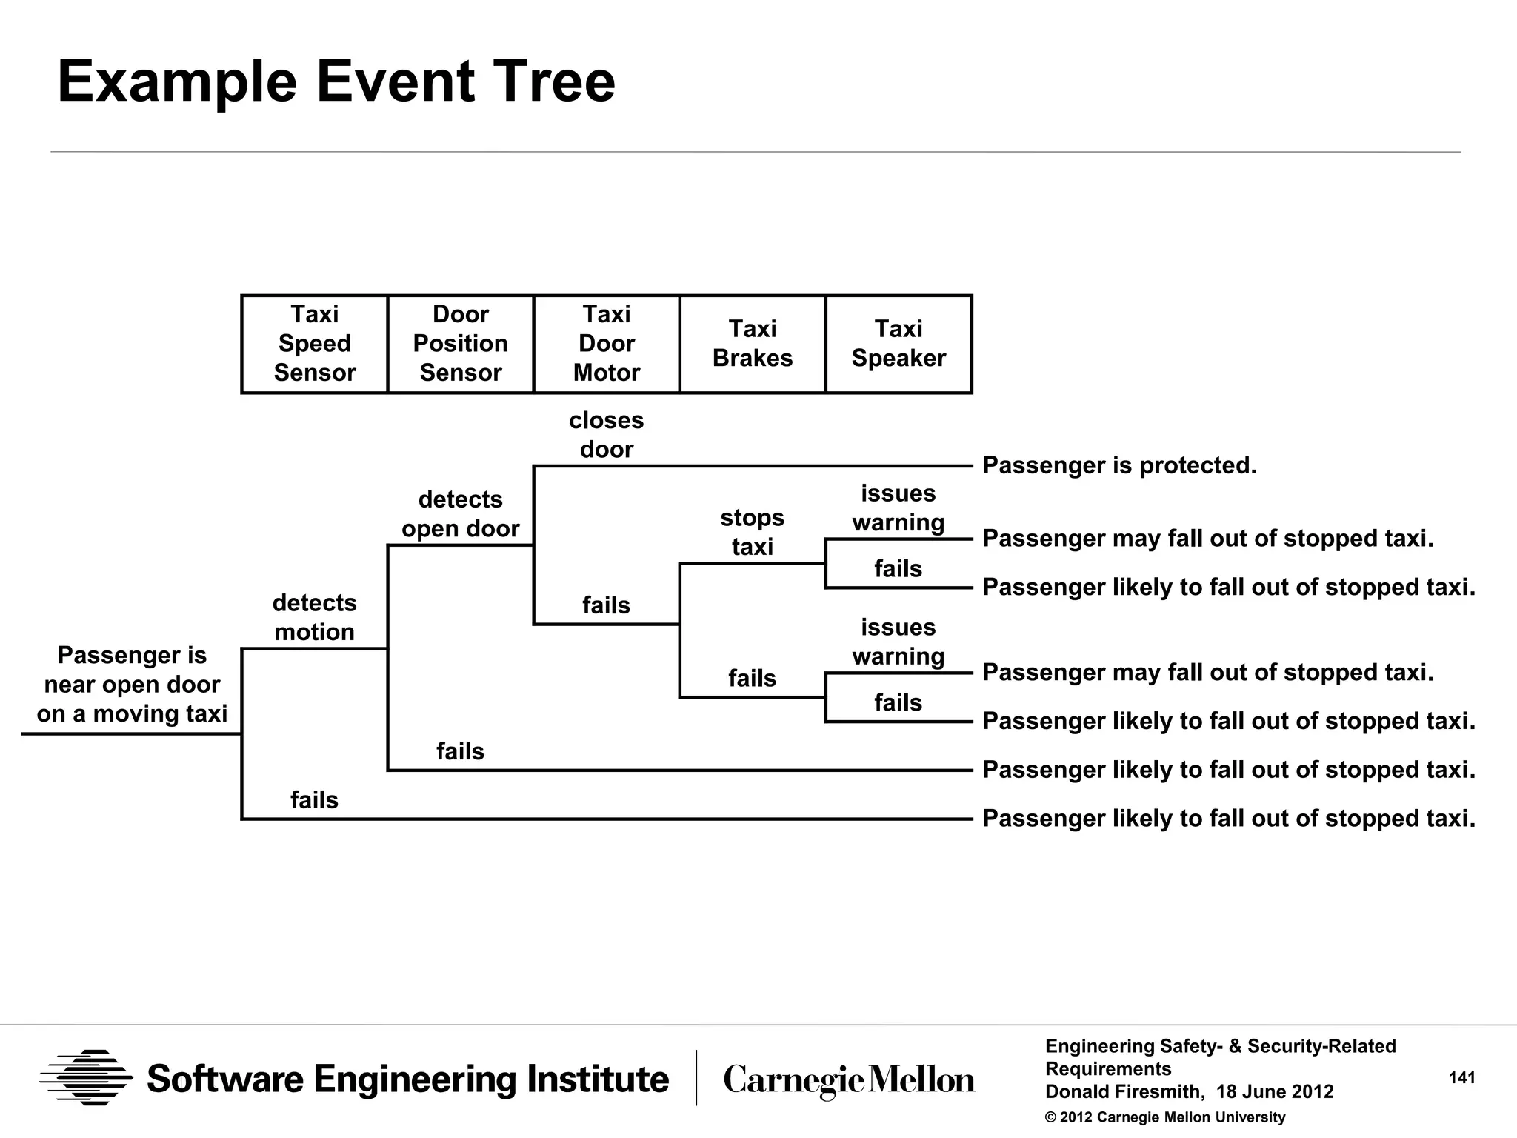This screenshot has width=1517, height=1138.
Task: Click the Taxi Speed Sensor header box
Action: (x=314, y=344)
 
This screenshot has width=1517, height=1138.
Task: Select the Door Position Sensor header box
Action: (x=460, y=344)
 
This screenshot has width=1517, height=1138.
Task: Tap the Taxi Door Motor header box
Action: (x=606, y=344)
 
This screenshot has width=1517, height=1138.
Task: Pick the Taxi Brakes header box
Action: (x=752, y=344)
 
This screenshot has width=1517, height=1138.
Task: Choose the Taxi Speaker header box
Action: (x=898, y=344)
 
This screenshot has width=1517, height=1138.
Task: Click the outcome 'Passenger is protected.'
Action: (x=1119, y=465)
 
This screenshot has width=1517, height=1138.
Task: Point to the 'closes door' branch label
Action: (x=606, y=435)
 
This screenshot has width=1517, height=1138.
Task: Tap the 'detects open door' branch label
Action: (x=460, y=514)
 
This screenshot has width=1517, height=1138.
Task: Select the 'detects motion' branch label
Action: (x=314, y=617)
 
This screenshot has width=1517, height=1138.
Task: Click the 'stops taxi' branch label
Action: (x=752, y=532)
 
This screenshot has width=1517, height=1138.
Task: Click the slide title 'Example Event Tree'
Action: (x=336, y=81)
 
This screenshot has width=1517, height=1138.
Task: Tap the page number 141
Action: (x=1461, y=1078)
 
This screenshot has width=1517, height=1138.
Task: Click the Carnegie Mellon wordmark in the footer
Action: (x=849, y=1080)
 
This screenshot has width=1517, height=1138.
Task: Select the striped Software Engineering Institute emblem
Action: (x=86, y=1078)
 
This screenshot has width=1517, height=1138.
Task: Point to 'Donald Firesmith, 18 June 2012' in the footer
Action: (x=1189, y=1092)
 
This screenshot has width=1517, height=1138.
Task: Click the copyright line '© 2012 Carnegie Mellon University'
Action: (x=1164, y=1117)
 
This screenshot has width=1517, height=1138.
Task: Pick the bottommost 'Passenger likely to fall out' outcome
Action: (x=1228, y=819)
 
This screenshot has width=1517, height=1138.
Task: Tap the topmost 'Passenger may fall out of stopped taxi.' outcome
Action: (x=1207, y=539)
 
